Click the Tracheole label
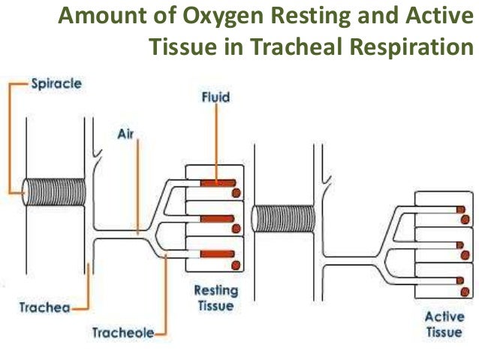click(x=122, y=331)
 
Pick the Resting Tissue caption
click(x=215, y=298)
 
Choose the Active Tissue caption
click(x=444, y=323)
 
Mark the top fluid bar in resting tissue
click(x=217, y=183)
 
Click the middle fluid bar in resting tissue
click(x=217, y=219)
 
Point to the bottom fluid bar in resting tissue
click(x=217, y=254)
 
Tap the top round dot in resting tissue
click(x=236, y=192)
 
